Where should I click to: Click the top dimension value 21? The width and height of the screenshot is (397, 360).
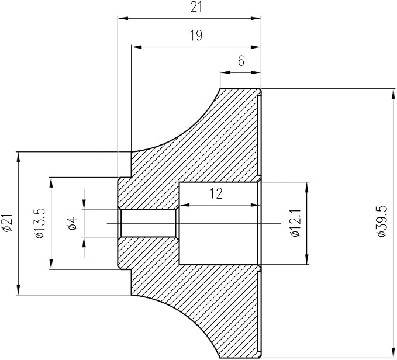pos(196,7)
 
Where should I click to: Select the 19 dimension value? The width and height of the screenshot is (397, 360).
pos(196,36)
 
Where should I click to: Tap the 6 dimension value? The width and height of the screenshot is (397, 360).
pos(241,61)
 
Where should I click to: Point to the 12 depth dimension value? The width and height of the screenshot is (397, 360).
pos(216,193)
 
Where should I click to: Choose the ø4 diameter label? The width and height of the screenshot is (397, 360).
pos(73,224)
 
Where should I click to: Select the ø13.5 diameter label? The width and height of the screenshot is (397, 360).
pos(40,223)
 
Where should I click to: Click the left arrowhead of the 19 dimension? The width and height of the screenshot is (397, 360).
pos(136,47)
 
